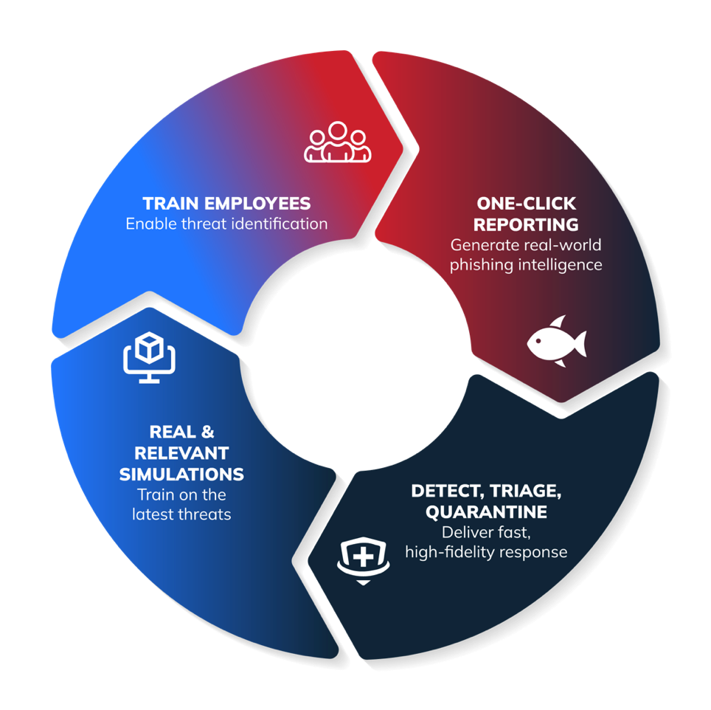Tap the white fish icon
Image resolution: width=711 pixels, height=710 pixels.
click(x=557, y=342)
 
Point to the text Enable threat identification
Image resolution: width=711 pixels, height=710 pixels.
click(x=226, y=224)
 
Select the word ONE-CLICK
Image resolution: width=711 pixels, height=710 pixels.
click(x=526, y=204)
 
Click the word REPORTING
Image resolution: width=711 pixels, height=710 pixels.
click(x=526, y=224)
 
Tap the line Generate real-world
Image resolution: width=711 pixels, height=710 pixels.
click(x=526, y=244)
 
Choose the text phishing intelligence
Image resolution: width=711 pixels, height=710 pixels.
click(x=526, y=264)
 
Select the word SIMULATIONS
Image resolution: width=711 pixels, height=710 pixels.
click(x=181, y=474)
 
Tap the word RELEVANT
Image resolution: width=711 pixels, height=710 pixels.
click(x=181, y=452)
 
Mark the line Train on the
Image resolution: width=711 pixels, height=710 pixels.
click(x=181, y=494)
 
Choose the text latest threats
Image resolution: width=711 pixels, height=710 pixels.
click(x=181, y=514)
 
